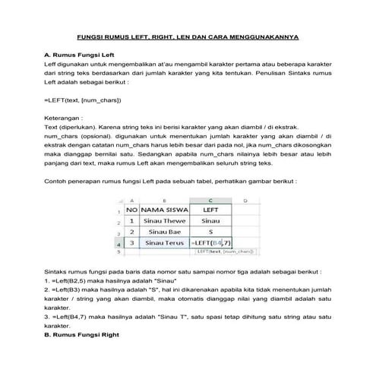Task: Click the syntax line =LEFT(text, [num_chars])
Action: point(83,100)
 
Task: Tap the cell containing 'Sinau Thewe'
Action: point(166,220)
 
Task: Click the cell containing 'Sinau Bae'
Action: point(166,232)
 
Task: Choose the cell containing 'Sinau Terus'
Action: point(166,243)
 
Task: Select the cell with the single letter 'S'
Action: point(211,232)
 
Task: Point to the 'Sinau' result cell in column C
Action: point(211,220)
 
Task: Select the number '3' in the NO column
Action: point(132,243)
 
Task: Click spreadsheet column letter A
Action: point(132,200)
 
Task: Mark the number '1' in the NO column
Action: point(132,220)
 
